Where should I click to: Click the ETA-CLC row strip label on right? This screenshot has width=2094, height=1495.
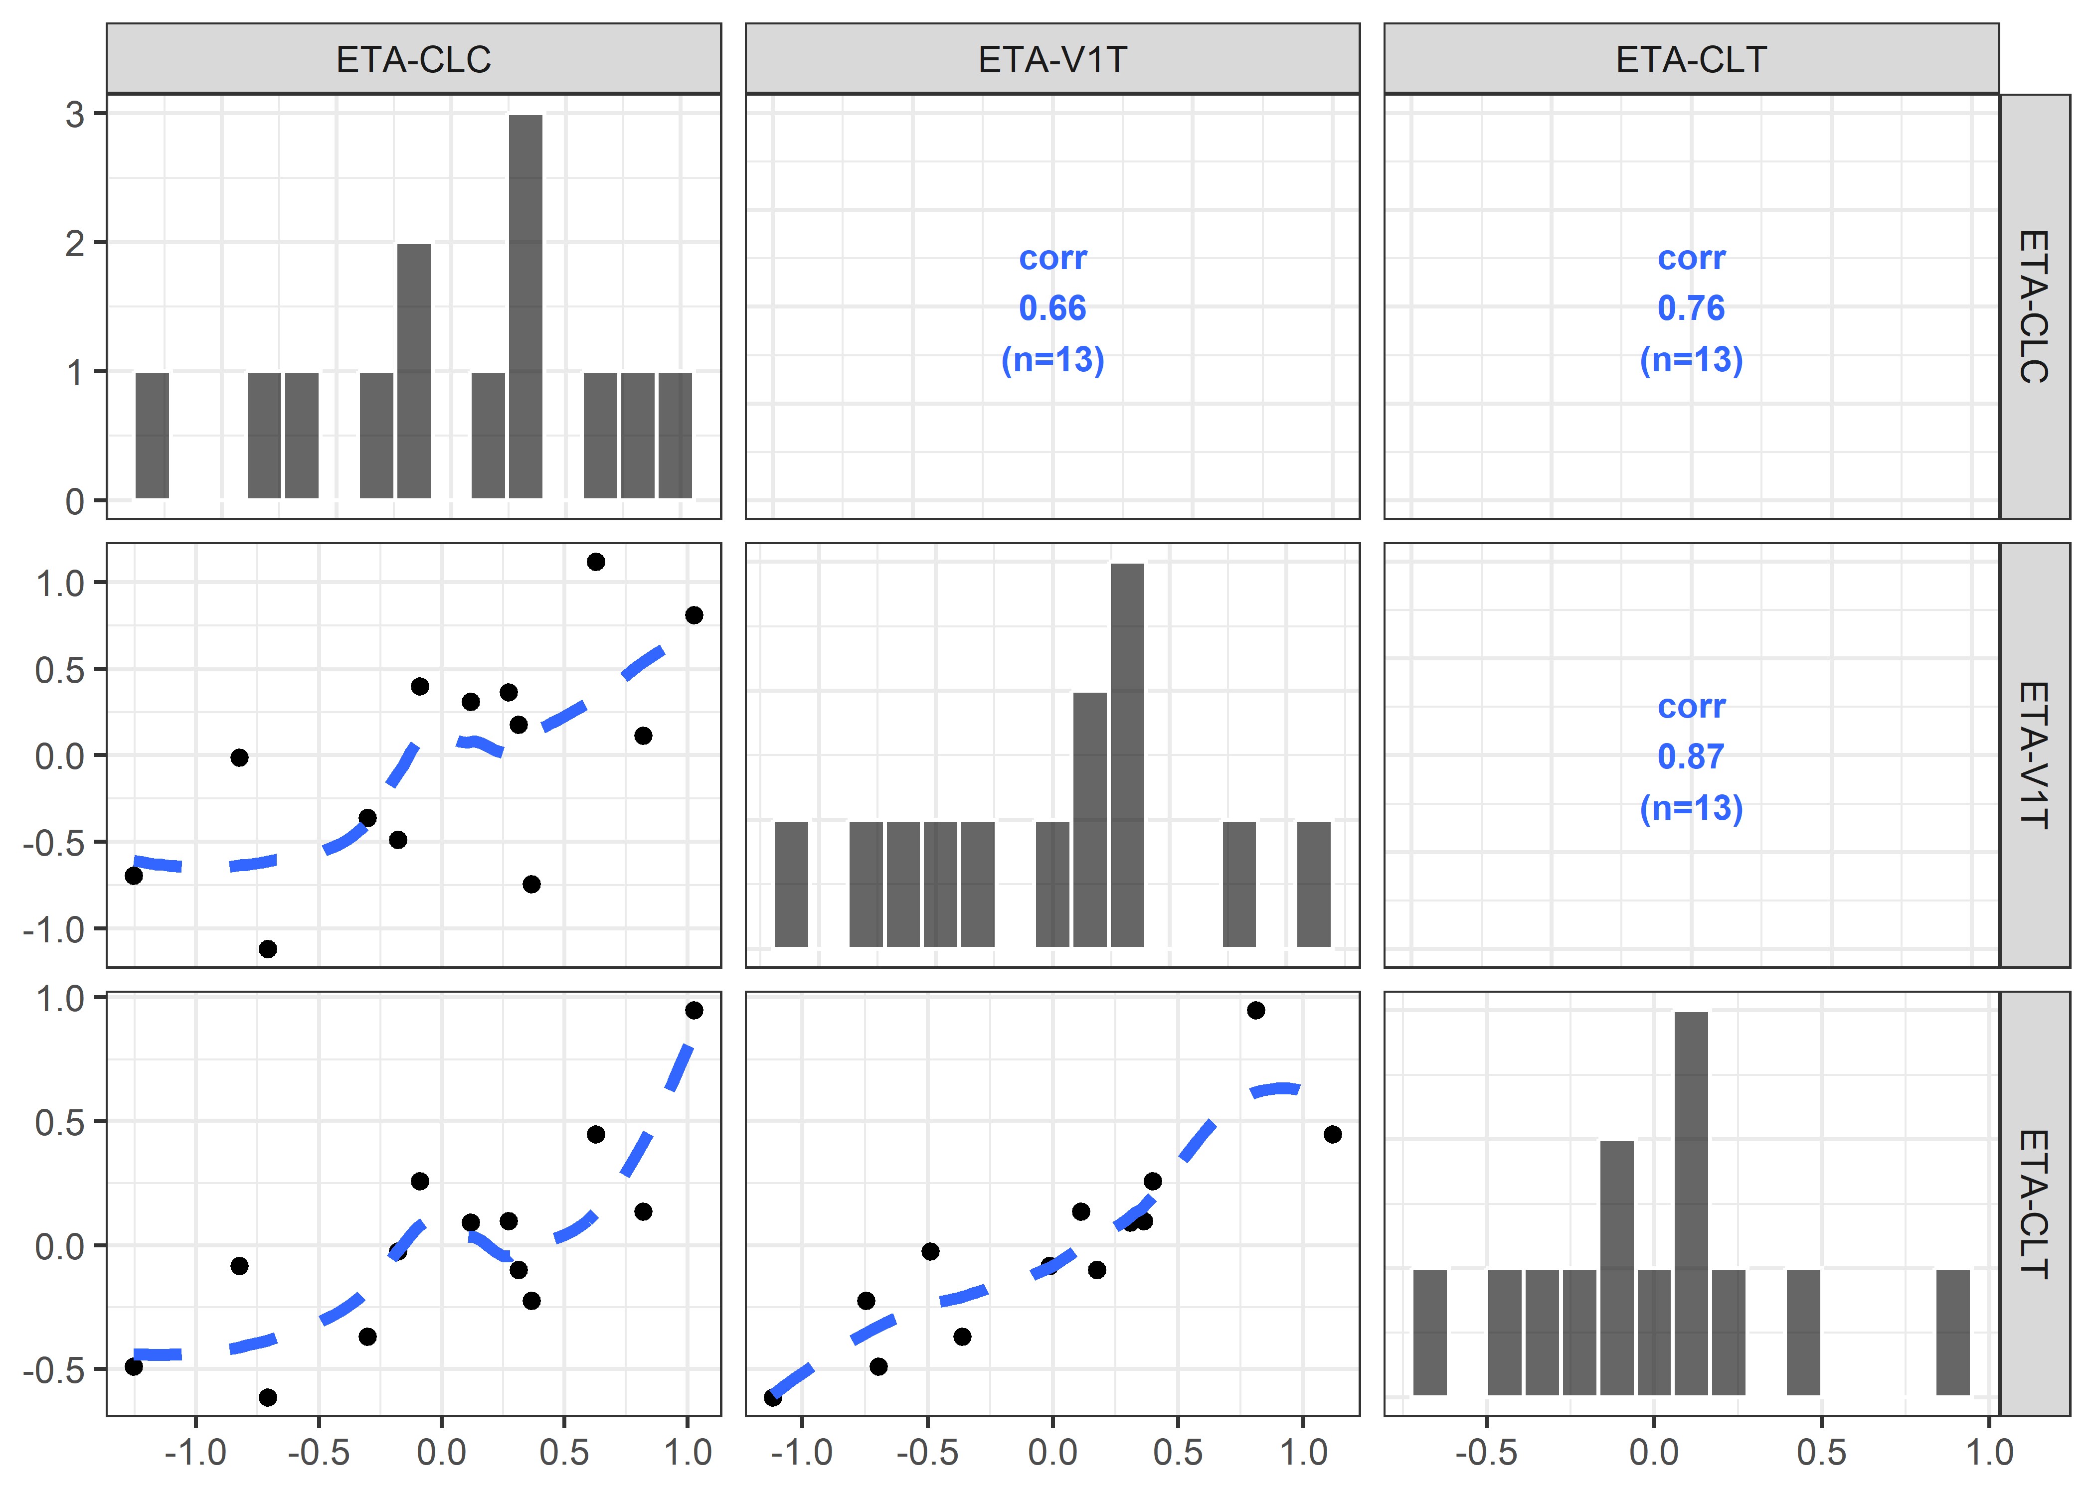tap(2034, 306)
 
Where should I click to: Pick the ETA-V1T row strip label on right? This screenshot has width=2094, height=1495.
tap(2034, 755)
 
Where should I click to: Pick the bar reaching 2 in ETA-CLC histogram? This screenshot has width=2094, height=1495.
tap(413, 371)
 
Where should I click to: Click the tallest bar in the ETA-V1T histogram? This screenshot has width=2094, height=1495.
tap(1127, 755)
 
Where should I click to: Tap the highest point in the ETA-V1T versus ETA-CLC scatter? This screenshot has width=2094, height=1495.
tap(596, 562)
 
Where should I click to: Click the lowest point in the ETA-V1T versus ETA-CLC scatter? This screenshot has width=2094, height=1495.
tap(268, 949)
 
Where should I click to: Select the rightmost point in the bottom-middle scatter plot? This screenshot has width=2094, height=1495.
tap(1333, 1134)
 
